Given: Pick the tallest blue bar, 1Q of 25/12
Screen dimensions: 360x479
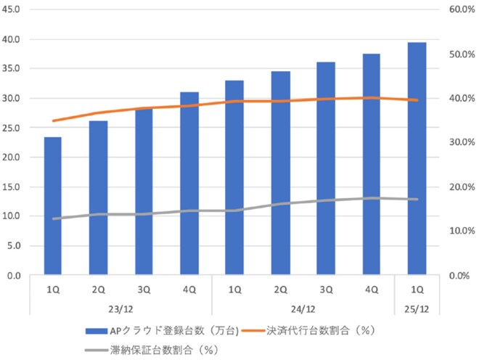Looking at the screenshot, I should [x=417, y=160].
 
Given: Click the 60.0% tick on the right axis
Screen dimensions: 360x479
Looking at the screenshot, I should [x=461, y=9].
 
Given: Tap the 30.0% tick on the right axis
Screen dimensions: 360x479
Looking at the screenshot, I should [x=461, y=142].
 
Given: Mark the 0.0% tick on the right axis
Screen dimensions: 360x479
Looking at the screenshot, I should [x=463, y=276].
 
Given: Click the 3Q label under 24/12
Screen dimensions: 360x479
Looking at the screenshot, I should [x=326, y=290].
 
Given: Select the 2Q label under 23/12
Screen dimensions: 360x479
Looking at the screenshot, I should [x=98, y=290].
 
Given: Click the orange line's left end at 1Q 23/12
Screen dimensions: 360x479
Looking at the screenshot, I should [x=53, y=121].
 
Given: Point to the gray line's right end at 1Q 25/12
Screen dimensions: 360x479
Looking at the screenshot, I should [x=417, y=199].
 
